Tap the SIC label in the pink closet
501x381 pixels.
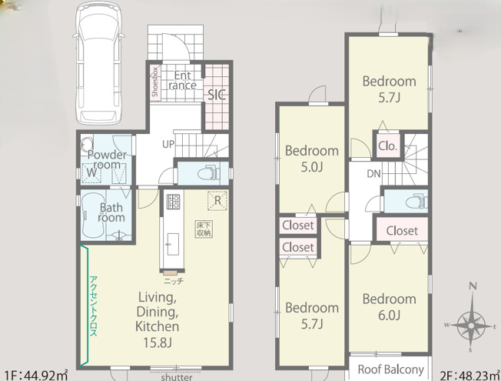pyautogui.click(x=217, y=95)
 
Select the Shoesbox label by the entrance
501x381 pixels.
pyautogui.click(x=155, y=82)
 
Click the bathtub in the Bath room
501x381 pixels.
pyautogui.click(x=94, y=216)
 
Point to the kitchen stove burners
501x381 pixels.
pyautogui.click(x=173, y=202)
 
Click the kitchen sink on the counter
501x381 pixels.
pyautogui.click(x=173, y=244)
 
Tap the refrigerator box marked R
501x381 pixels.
pyautogui.click(x=217, y=201)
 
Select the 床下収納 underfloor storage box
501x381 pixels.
pyautogui.click(x=204, y=229)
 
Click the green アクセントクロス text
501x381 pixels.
pyautogui.click(x=93, y=306)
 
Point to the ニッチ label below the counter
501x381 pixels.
pyautogui.click(x=174, y=282)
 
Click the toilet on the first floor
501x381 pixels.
pyautogui.click(x=208, y=173)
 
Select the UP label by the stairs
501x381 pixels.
pyautogui.click(x=168, y=145)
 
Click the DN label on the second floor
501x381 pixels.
pyautogui.click(x=374, y=174)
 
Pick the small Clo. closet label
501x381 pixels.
pyautogui.click(x=387, y=146)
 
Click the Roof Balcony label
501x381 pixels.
pyautogui.click(x=391, y=369)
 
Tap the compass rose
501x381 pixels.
pyautogui.click(x=471, y=326)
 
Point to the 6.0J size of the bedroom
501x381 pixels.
pyautogui.click(x=389, y=316)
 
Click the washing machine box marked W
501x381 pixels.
pyautogui.click(x=91, y=173)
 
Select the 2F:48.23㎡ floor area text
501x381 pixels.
pyautogui.click(x=469, y=376)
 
